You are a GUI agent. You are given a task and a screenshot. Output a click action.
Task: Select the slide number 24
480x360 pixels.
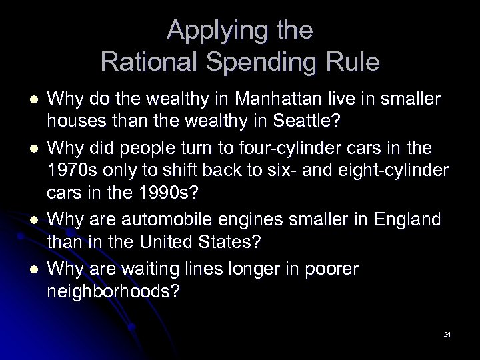[447, 332]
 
